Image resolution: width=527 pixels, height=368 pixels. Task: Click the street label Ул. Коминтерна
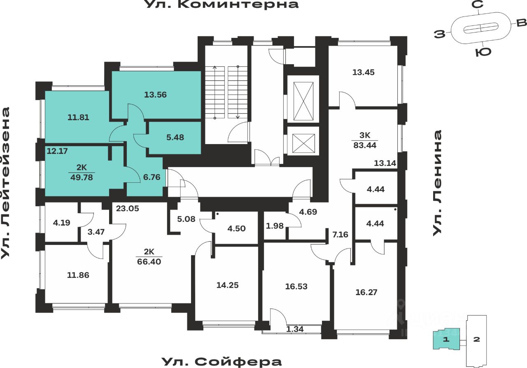pos(222,5)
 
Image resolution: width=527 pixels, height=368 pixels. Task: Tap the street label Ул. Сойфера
pos(222,362)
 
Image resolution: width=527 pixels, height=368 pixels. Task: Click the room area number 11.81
pos(78,117)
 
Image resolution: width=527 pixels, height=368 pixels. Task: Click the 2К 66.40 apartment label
pos(149,256)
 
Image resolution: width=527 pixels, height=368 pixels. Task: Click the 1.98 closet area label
pos(275,225)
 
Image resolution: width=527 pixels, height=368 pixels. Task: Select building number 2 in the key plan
pos(477,340)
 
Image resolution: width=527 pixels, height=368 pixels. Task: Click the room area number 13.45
pos(364,72)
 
